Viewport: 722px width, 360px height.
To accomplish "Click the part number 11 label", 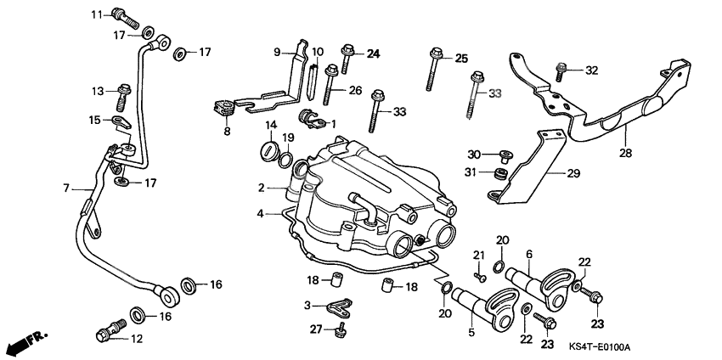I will click(x=96, y=14).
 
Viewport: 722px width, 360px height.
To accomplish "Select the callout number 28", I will click(x=627, y=155).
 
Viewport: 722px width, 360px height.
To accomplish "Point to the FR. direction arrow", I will click(x=24, y=343).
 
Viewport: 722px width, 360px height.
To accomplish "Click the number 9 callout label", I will click(x=276, y=52).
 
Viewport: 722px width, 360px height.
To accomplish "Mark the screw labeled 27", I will click(x=342, y=328).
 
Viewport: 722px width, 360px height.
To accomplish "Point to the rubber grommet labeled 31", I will click(x=491, y=174).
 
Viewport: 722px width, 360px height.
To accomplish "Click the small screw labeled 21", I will click(x=481, y=275).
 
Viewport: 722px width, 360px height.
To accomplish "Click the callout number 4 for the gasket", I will click(x=262, y=213).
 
